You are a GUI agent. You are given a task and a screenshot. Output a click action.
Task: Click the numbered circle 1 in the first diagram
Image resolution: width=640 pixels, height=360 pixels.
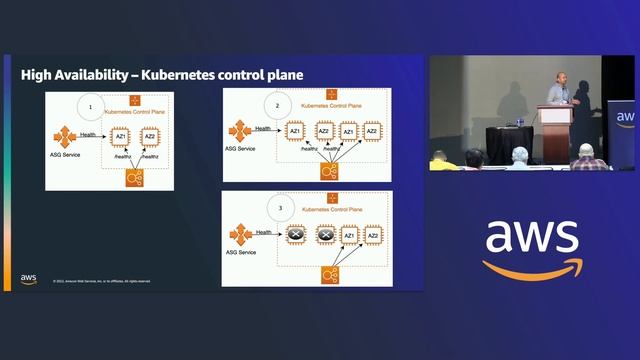91,105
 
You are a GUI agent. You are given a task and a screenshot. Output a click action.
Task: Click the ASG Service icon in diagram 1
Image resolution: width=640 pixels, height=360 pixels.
63,136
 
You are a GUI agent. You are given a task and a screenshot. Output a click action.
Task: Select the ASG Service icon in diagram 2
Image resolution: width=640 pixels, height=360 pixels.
239,131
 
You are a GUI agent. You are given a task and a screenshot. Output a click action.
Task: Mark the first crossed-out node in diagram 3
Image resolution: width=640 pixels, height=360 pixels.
296,236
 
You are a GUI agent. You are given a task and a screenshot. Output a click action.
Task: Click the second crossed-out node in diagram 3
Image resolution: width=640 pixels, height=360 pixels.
323,236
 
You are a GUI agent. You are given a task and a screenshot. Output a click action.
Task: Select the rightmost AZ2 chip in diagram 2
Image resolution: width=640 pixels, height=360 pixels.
372,131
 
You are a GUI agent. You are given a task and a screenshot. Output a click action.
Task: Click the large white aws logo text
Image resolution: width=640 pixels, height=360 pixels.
531,238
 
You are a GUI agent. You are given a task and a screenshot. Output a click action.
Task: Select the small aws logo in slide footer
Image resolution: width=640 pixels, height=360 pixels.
28,279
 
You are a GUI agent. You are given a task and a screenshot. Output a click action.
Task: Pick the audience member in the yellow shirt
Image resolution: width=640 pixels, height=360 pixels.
440,160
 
